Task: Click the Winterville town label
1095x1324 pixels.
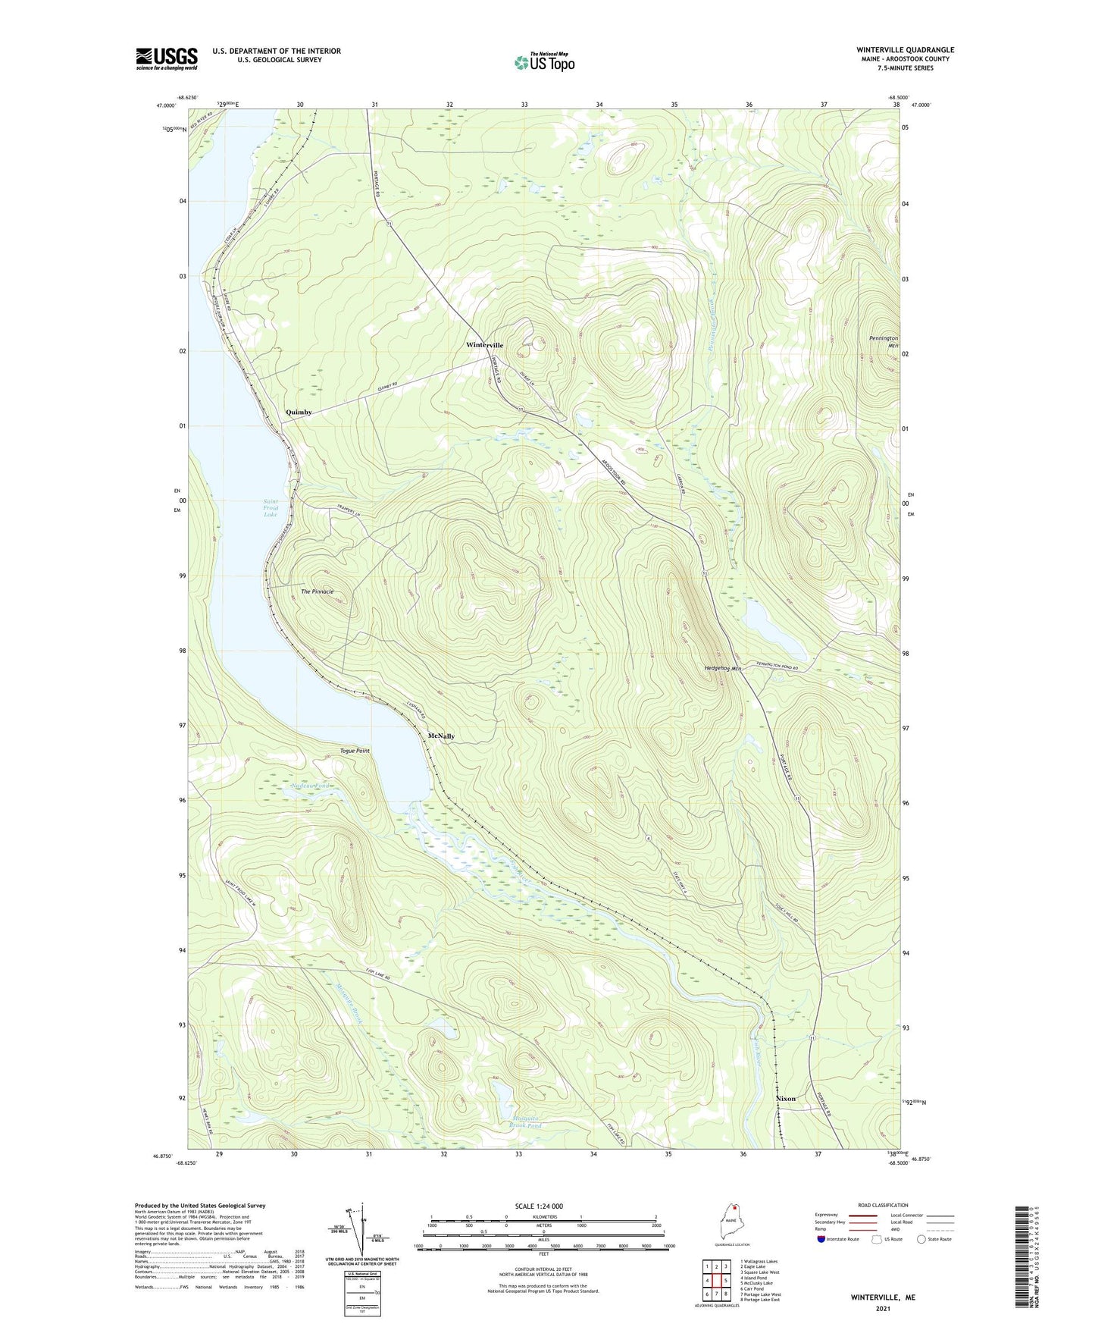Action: [x=484, y=345]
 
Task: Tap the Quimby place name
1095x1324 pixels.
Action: [x=299, y=412]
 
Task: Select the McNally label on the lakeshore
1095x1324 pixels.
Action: [x=441, y=736]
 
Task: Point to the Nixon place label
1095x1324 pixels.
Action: [x=786, y=1099]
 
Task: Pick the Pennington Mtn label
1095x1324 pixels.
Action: [x=884, y=342]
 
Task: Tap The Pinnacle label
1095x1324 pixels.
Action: [x=317, y=591]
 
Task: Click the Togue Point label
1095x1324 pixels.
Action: [x=355, y=751]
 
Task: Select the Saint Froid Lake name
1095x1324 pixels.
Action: [x=271, y=508]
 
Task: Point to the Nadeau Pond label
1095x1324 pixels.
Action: [x=311, y=786]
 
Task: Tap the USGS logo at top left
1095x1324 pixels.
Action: [x=166, y=58]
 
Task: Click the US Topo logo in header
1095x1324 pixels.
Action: [x=544, y=62]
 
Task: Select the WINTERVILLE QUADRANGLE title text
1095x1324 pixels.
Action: [x=905, y=50]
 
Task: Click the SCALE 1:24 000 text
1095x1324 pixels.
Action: [x=539, y=1206]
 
